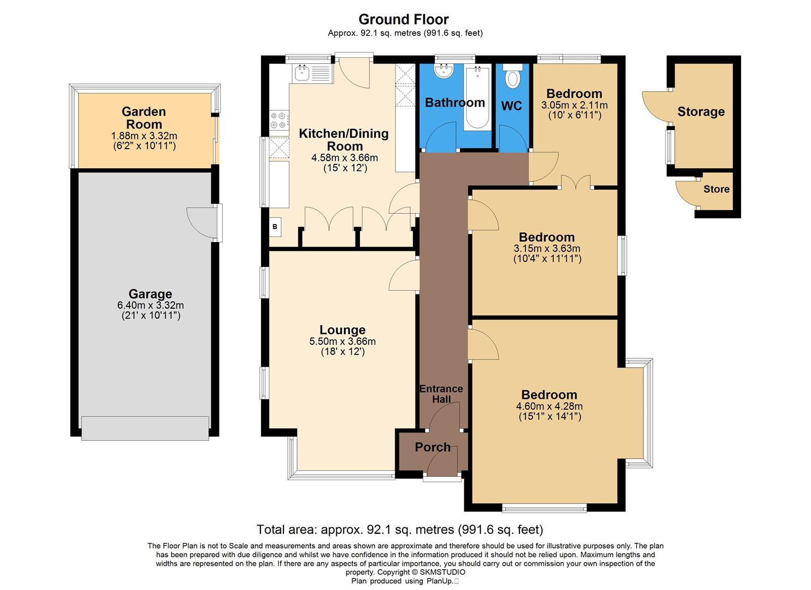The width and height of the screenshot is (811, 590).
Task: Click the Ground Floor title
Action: pyautogui.click(x=403, y=20)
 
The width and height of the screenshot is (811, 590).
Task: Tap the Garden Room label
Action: pyautogui.click(x=144, y=118)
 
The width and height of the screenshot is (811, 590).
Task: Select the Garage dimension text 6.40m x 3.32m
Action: pyautogui.click(x=151, y=305)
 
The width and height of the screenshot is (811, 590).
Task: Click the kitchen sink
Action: pyautogui.click(x=301, y=73)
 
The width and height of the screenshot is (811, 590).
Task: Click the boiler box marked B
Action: pyautogui.click(x=275, y=227)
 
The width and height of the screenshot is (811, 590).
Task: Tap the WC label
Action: pyautogui.click(x=512, y=106)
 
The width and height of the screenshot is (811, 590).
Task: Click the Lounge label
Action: pyautogui.click(x=342, y=330)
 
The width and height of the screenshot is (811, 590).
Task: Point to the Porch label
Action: pyautogui.click(x=433, y=447)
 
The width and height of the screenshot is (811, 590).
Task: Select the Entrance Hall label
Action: pyautogui.click(x=441, y=394)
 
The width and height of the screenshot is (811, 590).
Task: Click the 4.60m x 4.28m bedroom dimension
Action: pyautogui.click(x=549, y=406)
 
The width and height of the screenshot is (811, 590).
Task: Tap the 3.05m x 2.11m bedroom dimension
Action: pyautogui.click(x=574, y=105)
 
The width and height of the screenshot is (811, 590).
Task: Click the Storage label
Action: pyautogui.click(x=701, y=112)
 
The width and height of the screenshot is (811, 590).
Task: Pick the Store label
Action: pyautogui.click(x=716, y=189)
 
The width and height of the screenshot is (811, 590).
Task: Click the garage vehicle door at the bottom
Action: pyautogui.click(x=145, y=428)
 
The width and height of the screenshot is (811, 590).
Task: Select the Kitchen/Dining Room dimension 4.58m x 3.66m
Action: pyautogui.click(x=344, y=158)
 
